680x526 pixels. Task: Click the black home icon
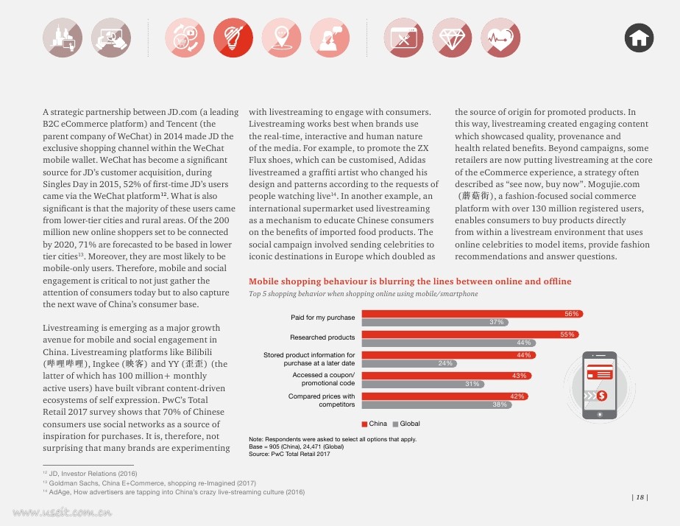(x=639, y=38)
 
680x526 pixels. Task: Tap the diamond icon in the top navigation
(x=452, y=38)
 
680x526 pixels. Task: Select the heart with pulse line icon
(x=500, y=38)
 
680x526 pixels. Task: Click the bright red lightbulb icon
(x=233, y=38)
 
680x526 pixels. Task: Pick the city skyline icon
(x=63, y=38)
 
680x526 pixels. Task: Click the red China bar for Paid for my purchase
(x=472, y=314)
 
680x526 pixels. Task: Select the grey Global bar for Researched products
(x=449, y=343)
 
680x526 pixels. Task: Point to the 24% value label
(x=445, y=363)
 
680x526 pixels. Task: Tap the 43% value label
(x=519, y=376)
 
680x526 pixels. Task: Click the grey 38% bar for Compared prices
(x=436, y=404)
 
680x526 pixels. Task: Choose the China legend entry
(x=375, y=424)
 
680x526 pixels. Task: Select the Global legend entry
(x=406, y=424)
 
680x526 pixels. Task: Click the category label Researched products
(x=322, y=337)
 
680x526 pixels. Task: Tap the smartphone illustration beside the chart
(x=599, y=385)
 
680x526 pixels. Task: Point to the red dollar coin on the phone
(x=601, y=396)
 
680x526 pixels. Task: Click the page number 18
(x=640, y=497)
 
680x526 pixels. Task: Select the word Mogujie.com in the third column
(x=614, y=184)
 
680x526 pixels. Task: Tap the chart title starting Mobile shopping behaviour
(x=410, y=281)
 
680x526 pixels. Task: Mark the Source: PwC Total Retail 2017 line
(x=289, y=454)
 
